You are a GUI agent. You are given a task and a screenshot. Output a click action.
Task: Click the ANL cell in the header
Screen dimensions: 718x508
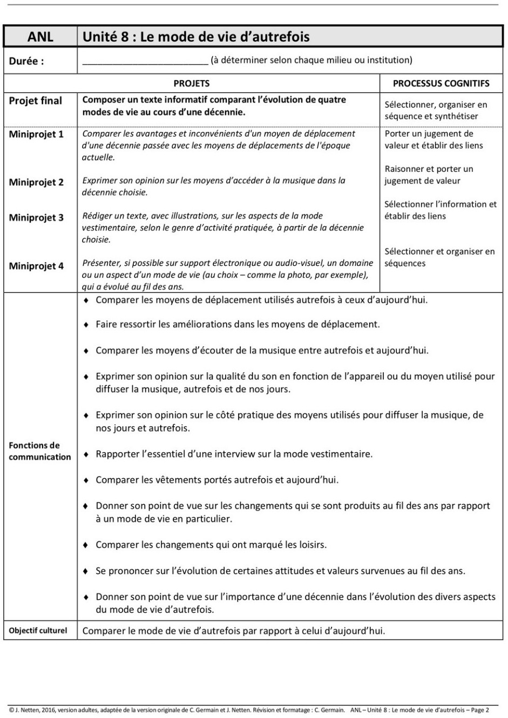click(x=40, y=37)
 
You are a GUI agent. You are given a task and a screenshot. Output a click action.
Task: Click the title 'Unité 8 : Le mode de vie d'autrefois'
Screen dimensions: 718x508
click(x=196, y=37)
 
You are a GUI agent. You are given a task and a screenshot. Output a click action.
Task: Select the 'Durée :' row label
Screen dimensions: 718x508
click(x=26, y=61)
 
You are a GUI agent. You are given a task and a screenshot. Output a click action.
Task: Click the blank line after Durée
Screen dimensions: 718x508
click(x=145, y=61)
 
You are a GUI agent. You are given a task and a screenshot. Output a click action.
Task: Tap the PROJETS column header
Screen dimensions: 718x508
click(x=191, y=84)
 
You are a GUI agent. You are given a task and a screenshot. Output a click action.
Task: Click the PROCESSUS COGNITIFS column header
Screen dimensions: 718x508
click(x=441, y=84)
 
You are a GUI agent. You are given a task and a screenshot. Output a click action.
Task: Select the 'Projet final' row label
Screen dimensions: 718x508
click(x=35, y=101)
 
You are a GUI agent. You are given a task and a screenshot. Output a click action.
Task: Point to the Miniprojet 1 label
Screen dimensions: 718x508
click(x=36, y=134)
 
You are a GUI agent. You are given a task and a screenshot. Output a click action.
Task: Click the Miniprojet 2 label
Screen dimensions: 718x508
click(x=36, y=183)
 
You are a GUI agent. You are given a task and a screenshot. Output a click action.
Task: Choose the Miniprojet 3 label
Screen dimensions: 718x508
click(x=36, y=218)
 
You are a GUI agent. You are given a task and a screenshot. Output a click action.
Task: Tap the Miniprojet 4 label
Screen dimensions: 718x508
click(x=36, y=266)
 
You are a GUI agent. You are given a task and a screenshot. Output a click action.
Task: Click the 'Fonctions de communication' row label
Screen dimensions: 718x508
click(x=39, y=451)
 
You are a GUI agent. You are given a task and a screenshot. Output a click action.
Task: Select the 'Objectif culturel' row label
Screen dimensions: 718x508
click(x=38, y=630)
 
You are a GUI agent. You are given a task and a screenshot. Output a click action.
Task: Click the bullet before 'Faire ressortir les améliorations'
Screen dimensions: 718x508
click(x=86, y=325)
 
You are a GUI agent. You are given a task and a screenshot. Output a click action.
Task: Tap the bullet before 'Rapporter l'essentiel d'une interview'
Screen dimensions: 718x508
click(x=86, y=455)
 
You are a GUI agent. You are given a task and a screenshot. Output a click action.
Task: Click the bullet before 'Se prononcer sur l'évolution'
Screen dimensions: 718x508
click(x=86, y=572)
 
